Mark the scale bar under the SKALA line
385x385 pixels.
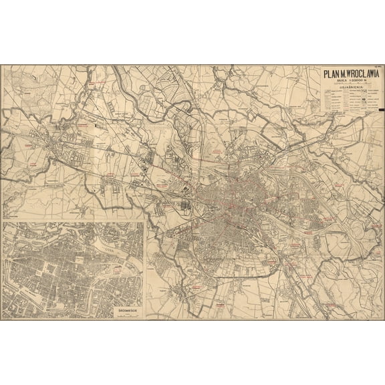tap(348, 84)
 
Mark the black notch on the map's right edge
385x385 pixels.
tap(380, 109)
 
